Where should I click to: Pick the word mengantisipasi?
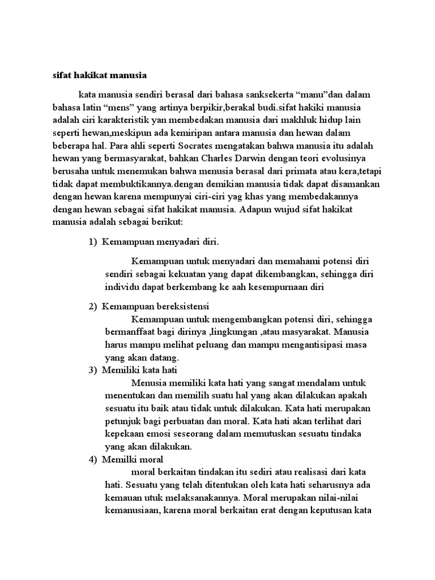[326, 344]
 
